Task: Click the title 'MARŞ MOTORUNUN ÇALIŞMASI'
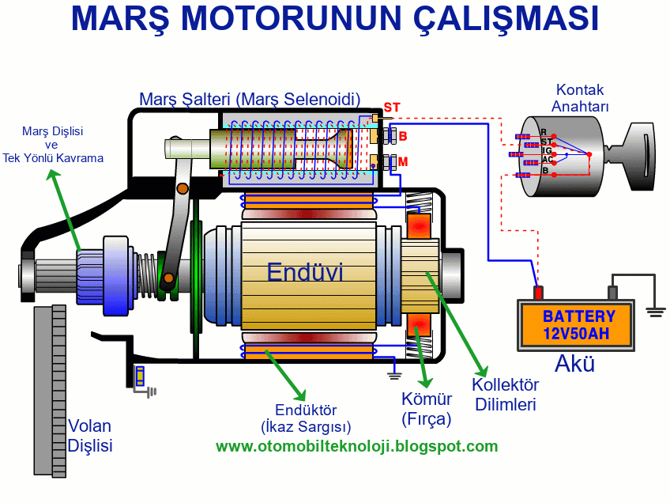pyautogui.click(x=334, y=20)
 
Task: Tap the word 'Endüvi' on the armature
pyautogui.click(x=304, y=273)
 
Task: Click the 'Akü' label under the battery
pyautogui.click(x=574, y=365)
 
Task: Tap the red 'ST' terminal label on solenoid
pyautogui.click(x=392, y=107)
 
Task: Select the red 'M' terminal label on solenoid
pyautogui.click(x=403, y=162)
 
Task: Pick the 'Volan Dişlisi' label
pyautogui.click(x=90, y=435)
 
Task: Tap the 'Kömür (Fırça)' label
pyautogui.click(x=426, y=409)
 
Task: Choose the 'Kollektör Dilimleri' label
pyautogui.click(x=505, y=395)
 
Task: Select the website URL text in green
pyautogui.click(x=357, y=447)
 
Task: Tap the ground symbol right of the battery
pyautogui.click(x=655, y=310)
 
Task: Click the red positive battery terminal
pyautogui.click(x=539, y=292)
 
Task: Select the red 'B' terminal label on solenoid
pyautogui.click(x=403, y=136)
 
